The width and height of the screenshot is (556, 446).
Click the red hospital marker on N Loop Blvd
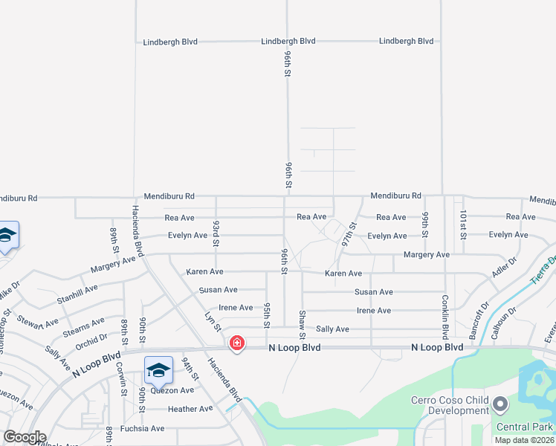point(236,343)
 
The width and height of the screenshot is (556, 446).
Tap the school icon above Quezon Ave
point(158,369)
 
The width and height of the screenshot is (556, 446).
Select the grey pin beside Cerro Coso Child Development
point(500,405)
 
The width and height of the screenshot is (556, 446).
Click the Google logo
point(24,437)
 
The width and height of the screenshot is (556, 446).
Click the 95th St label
point(266,314)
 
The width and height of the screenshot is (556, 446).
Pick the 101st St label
point(462,225)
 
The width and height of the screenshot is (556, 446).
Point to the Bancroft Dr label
point(474,315)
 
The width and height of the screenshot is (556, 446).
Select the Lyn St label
point(213,323)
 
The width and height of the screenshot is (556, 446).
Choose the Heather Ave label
point(190,409)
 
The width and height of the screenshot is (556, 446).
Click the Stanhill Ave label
point(77,294)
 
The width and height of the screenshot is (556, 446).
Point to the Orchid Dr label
point(92,342)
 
